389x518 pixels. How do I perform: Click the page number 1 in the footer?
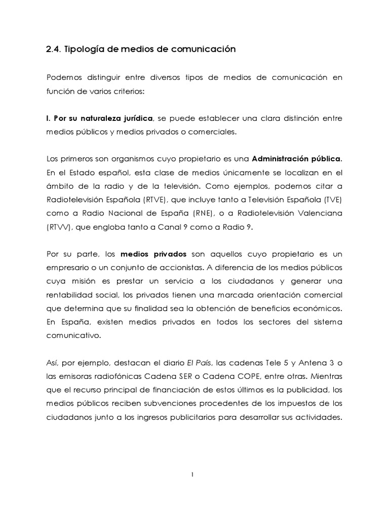[194, 474]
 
